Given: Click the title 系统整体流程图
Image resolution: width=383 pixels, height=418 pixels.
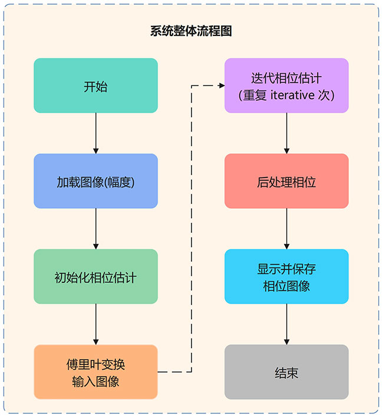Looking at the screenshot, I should pos(191,31).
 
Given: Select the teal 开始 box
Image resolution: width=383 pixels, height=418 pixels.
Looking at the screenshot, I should pos(95,86).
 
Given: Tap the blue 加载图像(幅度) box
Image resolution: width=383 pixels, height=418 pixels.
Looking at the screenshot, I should pos(95,182).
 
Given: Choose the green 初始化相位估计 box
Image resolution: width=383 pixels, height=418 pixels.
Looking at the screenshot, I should pos(95,277).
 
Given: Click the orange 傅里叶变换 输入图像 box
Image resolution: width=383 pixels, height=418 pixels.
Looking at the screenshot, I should pos(95,373).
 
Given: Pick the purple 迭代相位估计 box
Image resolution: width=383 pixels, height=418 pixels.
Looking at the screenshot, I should pos(286,86).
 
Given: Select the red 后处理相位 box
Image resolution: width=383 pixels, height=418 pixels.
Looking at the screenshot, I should pos(286,182).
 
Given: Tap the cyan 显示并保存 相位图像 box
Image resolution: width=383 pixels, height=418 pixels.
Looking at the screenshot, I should pos(286,277).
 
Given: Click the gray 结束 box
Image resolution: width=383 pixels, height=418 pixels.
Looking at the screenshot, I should pos(286,373).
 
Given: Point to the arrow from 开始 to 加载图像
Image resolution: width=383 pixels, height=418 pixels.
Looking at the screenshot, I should pos(95,133).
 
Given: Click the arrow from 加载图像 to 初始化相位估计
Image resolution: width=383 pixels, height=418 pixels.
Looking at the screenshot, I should pos(95,229).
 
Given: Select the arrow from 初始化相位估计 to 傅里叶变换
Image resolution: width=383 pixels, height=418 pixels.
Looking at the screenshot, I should pos(95,324).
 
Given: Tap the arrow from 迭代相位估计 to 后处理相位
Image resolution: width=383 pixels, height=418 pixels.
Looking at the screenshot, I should pos(286,133).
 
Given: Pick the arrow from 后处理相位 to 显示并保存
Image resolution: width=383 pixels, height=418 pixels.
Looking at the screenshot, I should pos(286,229).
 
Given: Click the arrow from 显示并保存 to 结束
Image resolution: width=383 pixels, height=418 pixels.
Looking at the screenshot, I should pos(286,324).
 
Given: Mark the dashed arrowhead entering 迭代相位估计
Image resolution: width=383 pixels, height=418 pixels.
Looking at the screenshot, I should pos(221,86).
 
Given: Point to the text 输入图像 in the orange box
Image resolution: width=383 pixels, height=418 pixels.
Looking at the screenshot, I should pos(95,381).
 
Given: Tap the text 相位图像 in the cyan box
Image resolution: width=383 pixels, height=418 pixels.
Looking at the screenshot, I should pos(286,286).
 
